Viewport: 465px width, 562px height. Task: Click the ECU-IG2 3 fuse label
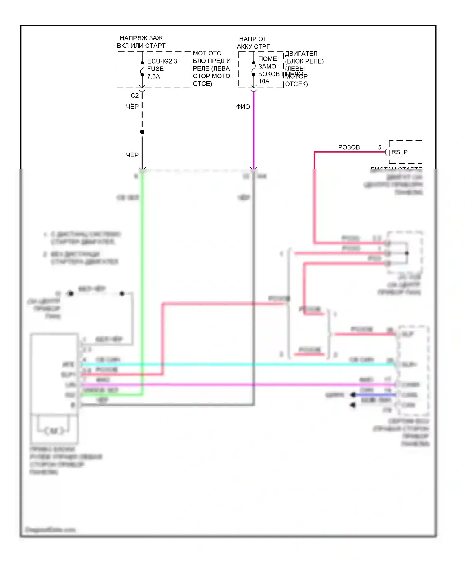(x=162, y=61)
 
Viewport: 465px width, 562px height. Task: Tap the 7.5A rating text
(x=153, y=77)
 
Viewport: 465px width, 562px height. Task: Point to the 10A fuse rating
(x=264, y=81)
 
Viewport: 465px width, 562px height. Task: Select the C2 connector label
(x=135, y=95)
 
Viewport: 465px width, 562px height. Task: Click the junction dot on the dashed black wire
(x=142, y=132)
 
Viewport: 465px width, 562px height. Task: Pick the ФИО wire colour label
(x=243, y=107)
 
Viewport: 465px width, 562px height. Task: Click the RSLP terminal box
(x=405, y=152)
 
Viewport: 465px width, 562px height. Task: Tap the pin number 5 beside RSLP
(x=379, y=147)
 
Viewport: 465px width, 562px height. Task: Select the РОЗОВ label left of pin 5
(x=349, y=147)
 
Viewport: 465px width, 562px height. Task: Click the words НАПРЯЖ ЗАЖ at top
(x=141, y=38)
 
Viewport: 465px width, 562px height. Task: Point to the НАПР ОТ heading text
(x=253, y=39)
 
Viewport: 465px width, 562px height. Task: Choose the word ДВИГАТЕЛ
(x=301, y=54)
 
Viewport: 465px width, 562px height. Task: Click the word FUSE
(x=155, y=69)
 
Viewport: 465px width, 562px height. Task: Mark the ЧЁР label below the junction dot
(x=132, y=155)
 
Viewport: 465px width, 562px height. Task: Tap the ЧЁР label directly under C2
(x=132, y=107)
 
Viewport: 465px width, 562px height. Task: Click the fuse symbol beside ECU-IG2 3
(x=142, y=69)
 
